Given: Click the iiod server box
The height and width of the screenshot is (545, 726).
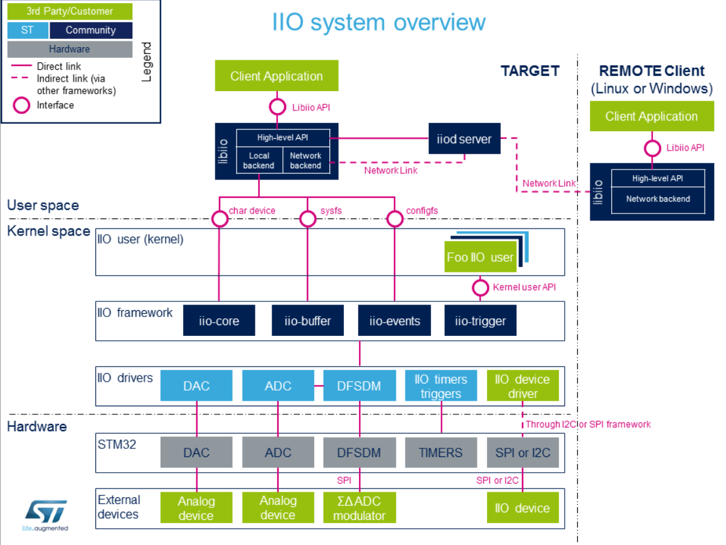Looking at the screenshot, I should pos(464,139).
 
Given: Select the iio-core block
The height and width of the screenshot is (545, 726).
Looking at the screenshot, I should pos(219,321).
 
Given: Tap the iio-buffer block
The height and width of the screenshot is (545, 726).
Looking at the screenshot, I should pos(307,321).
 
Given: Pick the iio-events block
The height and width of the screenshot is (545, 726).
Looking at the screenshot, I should pos(395,321).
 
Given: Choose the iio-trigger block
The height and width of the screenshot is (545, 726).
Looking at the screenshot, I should pos(480,321).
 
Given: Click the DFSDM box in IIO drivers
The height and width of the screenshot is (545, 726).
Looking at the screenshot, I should pos(360,386).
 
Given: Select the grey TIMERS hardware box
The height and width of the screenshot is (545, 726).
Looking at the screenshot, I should pos(440,452).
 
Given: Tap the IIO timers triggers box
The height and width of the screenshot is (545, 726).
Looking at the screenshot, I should pos(441,386).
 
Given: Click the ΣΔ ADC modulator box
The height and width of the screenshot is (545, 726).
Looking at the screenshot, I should pos(360,507).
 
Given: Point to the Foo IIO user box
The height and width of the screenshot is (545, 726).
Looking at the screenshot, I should pos(480,257).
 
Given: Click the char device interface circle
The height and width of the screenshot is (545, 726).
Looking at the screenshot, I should pos(220,219).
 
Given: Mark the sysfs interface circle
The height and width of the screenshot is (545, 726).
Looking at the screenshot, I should pos(307,219).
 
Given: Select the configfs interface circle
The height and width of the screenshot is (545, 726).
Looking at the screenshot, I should pos(395,219).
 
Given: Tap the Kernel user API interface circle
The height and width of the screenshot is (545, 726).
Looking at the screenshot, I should pos(480,288).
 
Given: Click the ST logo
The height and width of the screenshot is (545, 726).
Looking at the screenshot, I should pos(45,512).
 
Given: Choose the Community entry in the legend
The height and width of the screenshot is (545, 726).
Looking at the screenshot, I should pos(91,30).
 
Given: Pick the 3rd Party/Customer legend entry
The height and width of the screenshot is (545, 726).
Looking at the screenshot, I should pos(70,11).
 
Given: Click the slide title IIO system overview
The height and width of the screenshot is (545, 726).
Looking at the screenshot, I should pos(379,23).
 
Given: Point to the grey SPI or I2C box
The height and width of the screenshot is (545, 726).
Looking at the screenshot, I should pos(523,452).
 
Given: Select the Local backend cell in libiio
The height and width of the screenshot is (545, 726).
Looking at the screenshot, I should pos(259,161).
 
